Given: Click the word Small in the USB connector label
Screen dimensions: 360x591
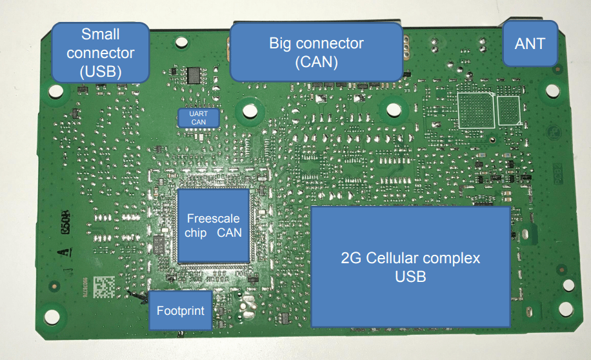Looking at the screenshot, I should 100,34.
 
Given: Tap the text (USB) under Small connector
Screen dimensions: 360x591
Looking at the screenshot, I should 100,71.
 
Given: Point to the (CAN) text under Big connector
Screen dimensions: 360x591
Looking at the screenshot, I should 316,62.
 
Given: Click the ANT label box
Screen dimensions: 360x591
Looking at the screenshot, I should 530,43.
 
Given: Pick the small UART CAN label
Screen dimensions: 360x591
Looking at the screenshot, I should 199,117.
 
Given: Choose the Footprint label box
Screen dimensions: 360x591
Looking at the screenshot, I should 181,310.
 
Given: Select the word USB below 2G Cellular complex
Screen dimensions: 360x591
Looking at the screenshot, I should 410,276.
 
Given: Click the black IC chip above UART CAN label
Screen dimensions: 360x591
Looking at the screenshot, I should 194,75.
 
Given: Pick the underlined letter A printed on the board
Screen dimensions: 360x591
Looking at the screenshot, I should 63,254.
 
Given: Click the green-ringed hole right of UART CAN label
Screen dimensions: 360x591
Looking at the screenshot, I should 248,110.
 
